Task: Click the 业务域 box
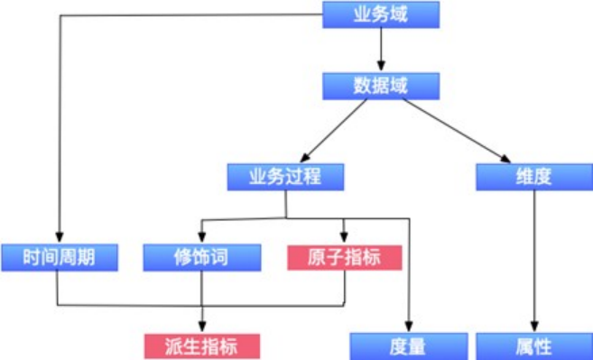tap(381, 14)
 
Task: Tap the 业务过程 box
tap(285, 177)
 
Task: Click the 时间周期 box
tap(60, 257)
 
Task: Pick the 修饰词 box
tap(200, 257)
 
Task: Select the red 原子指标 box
tap(343, 257)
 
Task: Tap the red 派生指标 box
tap(201, 346)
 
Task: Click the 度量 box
tap(409, 346)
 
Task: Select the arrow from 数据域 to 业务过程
tap(334, 131)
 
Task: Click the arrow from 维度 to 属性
tap(534, 262)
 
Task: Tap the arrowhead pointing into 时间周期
tap(60, 237)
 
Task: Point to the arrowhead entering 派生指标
tap(201, 327)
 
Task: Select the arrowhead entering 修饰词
tap(200, 237)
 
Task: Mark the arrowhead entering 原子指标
tap(343, 237)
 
